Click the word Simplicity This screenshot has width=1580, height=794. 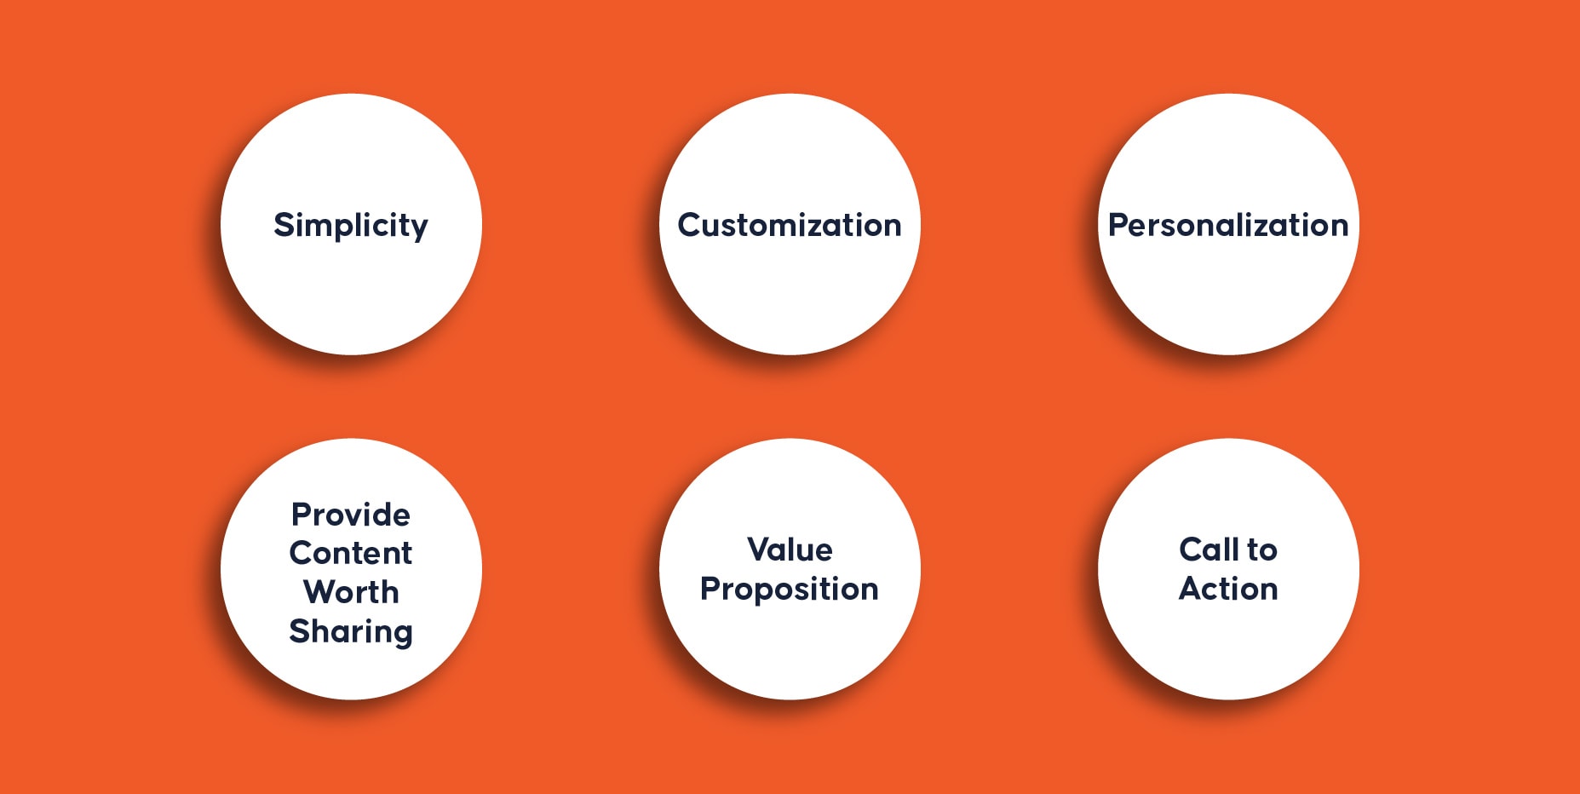(x=351, y=226)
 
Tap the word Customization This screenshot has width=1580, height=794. (x=790, y=225)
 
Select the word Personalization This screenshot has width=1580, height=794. (x=1228, y=225)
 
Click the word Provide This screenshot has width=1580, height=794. (x=351, y=515)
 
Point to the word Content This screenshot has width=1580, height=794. (x=351, y=553)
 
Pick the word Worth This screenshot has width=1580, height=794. (x=351, y=591)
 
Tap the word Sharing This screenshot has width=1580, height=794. (x=351, y=632)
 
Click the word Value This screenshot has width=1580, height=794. (x=790, y=549)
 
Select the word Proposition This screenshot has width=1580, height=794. (x=790, y=590)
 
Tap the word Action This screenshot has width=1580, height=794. (x=1228, y=589)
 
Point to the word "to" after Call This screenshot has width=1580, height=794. (x=1262, y=550)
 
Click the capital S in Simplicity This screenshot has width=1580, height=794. (x=284, y=225)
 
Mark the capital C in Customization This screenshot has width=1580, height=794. (x=690, y=225)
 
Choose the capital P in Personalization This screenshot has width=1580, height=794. (x=1118, y=225)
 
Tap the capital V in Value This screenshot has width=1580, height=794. (x=761, y=549)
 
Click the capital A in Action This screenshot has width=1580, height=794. (x=1192, y=589)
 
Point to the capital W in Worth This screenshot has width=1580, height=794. (x=322, y=591)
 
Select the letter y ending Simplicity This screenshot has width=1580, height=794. (x=419, y=230)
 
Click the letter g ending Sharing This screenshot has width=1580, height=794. (x=403, y=636)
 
